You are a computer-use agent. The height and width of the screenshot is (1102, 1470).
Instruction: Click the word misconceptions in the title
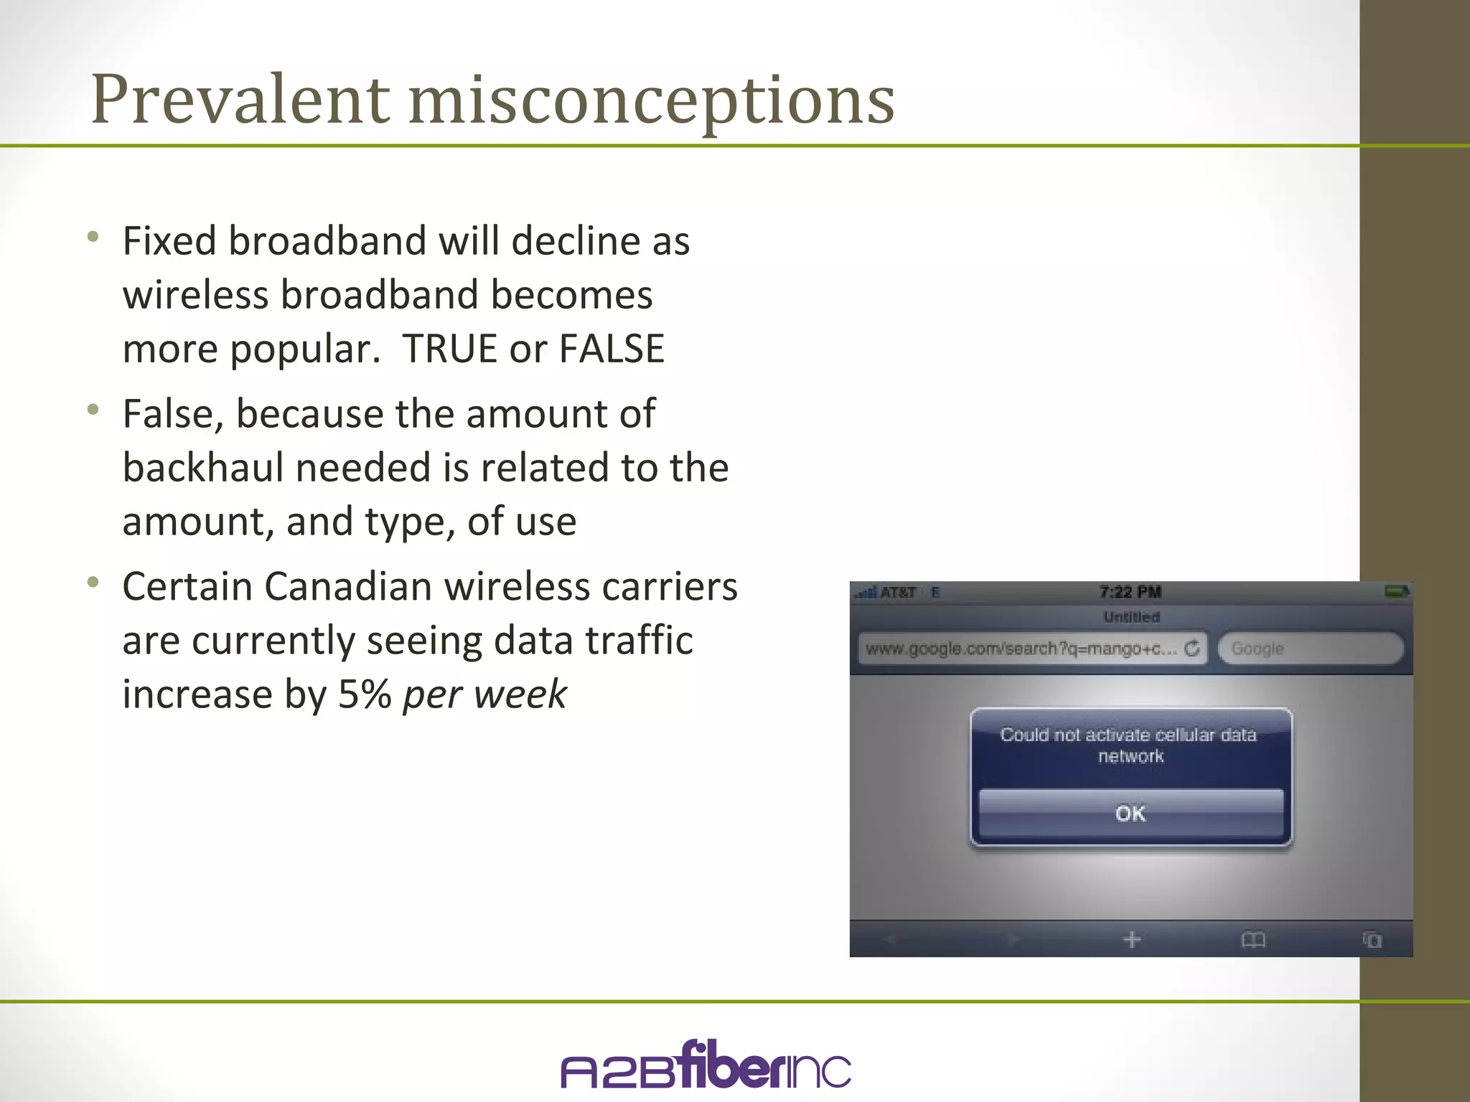[651, 100]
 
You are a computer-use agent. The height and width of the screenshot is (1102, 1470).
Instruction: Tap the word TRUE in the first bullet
[449, 349]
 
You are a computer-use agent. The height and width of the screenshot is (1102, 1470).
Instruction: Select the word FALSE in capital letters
[612, 349]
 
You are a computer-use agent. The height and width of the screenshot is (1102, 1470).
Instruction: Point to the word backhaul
[202, 468]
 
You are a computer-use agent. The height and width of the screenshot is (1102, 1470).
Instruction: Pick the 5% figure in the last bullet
[365, 694]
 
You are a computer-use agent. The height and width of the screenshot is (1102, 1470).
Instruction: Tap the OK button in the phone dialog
[1130, 813]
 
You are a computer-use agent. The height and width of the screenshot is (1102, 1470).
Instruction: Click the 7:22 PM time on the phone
[1130, 592]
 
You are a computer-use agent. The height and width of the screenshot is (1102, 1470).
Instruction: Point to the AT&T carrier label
[898, 593]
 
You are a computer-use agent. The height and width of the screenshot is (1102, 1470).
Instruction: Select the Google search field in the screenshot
[1311, 649]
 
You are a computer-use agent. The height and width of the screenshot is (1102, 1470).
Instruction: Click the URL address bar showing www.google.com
[1021, 649]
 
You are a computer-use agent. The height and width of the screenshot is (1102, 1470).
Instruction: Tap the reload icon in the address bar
[1192, 648]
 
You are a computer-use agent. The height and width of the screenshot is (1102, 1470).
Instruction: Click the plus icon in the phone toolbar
[1132, 939]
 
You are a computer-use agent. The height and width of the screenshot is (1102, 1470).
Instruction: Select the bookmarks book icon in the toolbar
[1253, 939]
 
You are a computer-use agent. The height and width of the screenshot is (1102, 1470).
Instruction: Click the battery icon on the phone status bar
[1397, 591]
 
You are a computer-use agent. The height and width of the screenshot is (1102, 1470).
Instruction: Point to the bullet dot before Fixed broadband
[93, 237]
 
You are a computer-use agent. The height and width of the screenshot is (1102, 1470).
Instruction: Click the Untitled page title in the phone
[1131, 617]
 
